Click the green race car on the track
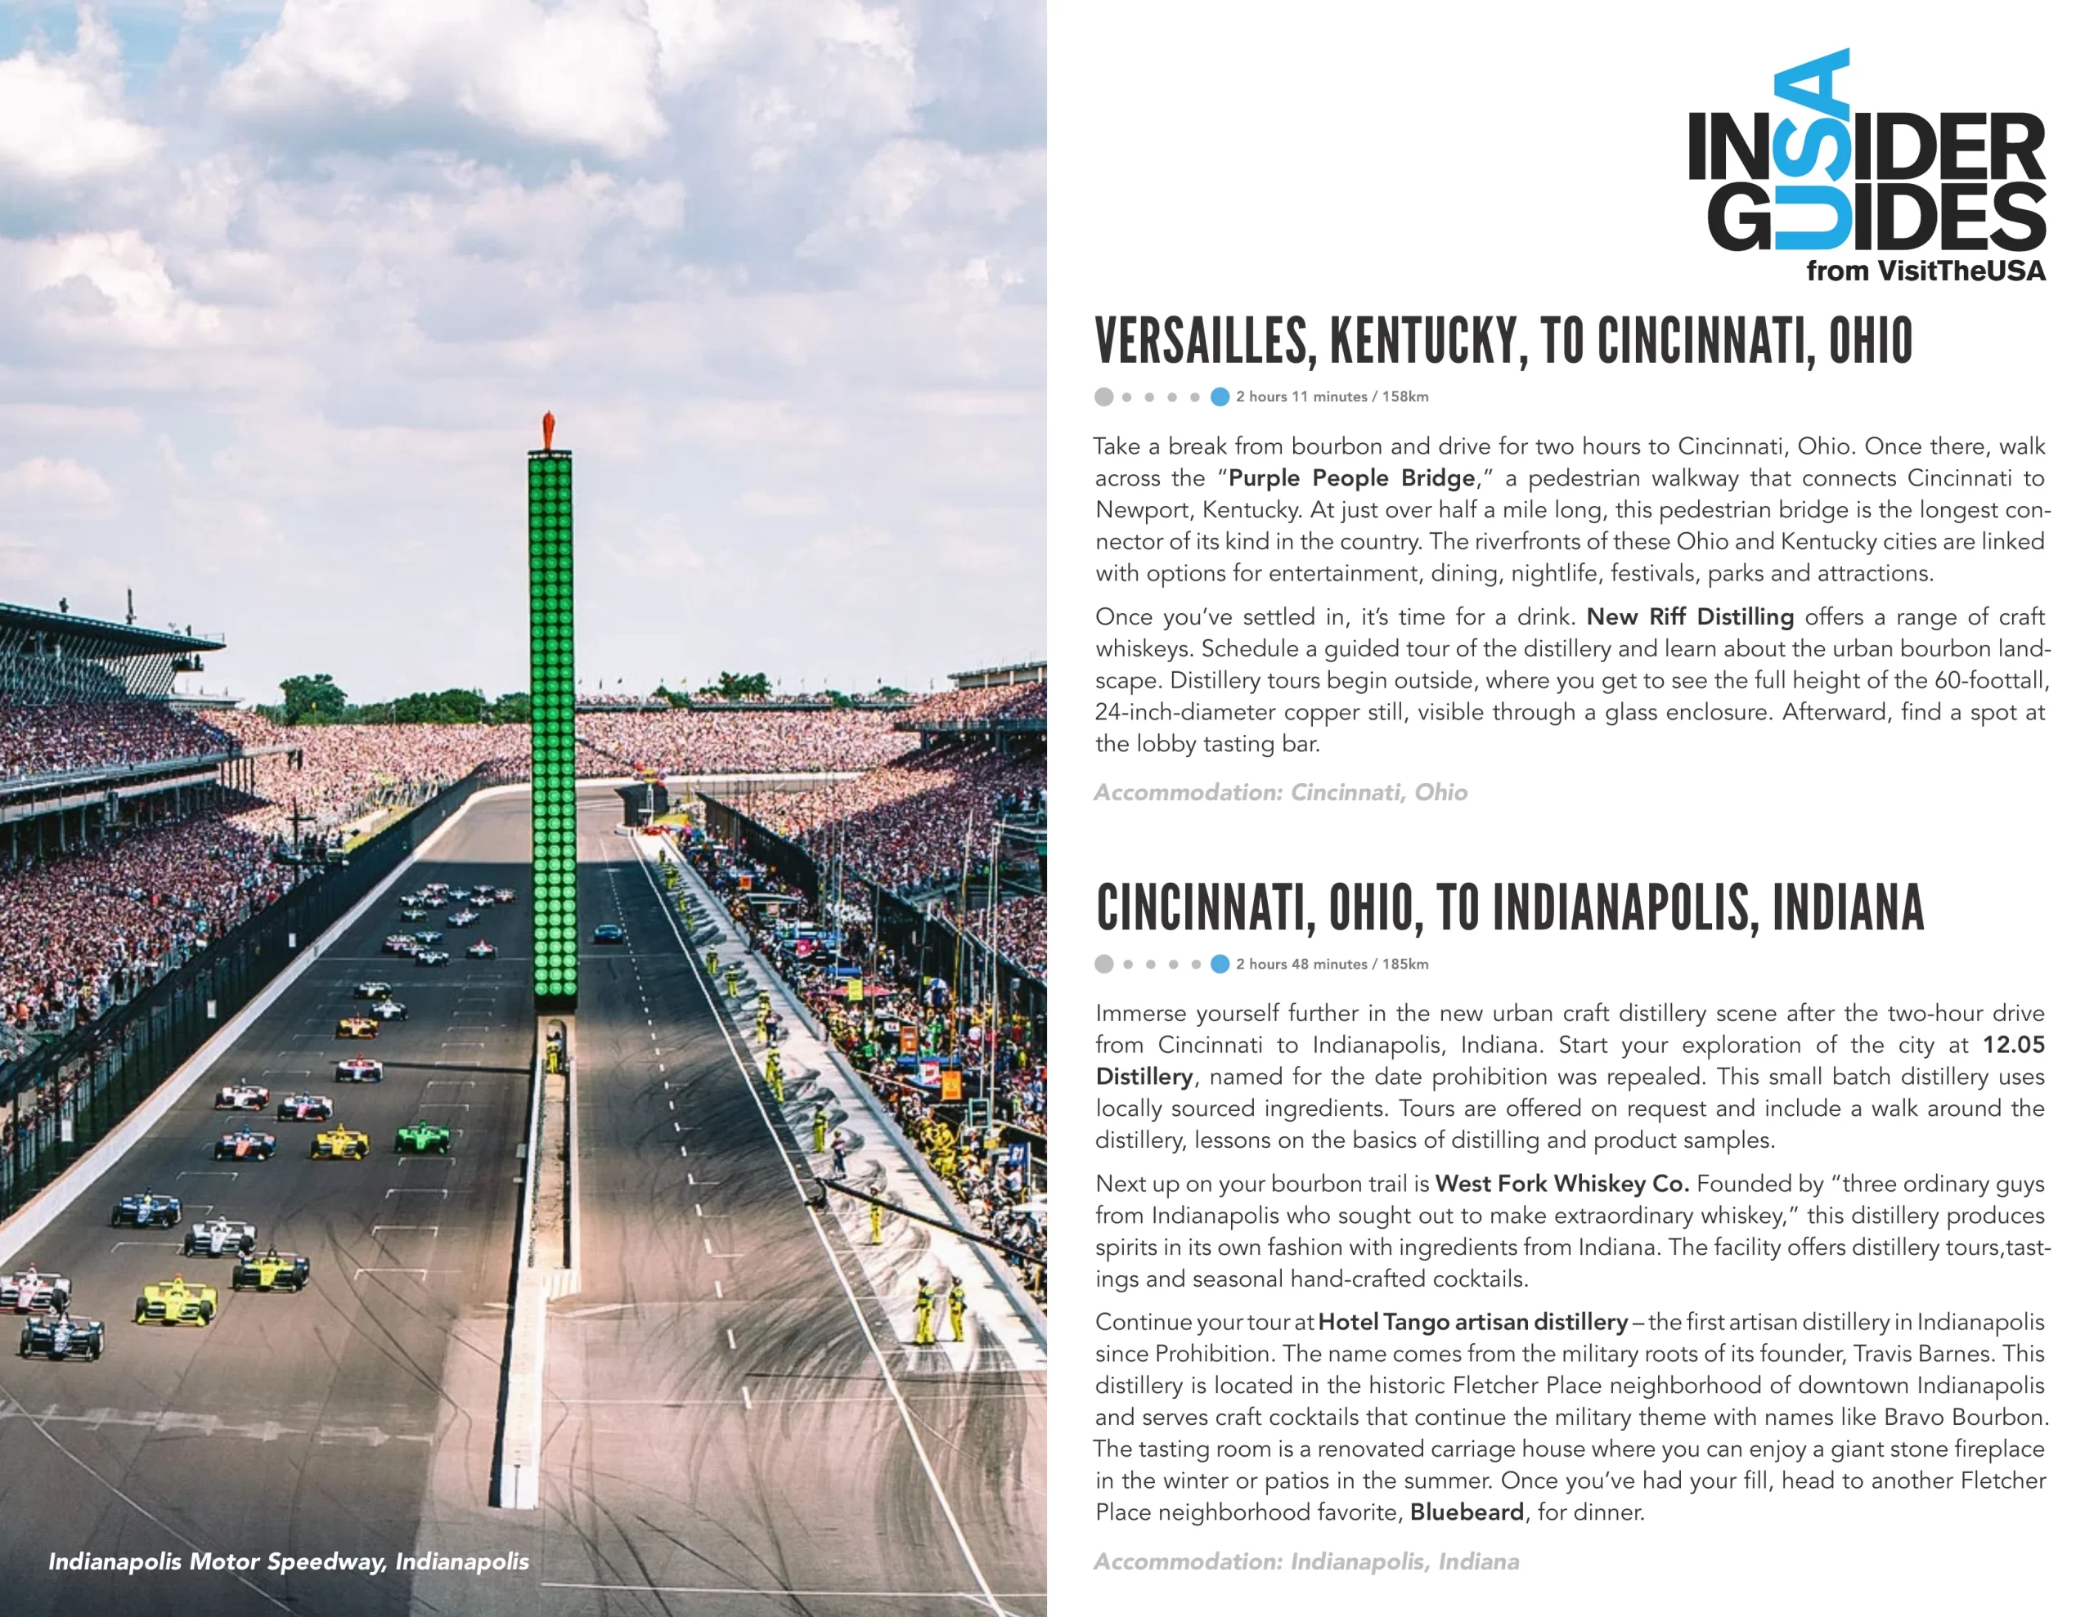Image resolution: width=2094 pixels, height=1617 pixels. [423, 1138]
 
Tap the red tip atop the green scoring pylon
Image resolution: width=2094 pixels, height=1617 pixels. [548, 429]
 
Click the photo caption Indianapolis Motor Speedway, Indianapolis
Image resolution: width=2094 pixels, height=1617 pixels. [289, 1561]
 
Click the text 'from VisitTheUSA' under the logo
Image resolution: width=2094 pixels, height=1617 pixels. [1925, 271]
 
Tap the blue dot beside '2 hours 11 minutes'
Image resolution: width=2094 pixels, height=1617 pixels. [1220, 396]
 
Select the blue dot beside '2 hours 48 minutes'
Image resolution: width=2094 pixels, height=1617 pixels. [1220, 965]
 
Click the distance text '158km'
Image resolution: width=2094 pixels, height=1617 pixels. [1404, 396]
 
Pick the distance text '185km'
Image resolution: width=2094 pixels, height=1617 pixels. [1404, 965]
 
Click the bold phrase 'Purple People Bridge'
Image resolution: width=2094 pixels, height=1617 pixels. [1352, 478]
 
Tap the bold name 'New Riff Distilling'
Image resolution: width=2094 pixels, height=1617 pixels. [1689, 617]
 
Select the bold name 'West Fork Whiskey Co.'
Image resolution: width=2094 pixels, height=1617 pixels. [1562, 1184]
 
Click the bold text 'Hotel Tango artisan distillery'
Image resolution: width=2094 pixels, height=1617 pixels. [1472, 1323]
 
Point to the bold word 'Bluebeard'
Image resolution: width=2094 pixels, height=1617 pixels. [1466, 1512]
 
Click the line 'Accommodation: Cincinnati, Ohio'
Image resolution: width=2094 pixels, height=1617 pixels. [1280, 793]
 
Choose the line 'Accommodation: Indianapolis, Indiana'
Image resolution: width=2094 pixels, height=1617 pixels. [1305, 1561]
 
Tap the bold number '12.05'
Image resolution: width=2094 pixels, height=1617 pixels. [2014, 1045]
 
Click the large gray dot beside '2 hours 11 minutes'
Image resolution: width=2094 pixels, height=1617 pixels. [1103, 396]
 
